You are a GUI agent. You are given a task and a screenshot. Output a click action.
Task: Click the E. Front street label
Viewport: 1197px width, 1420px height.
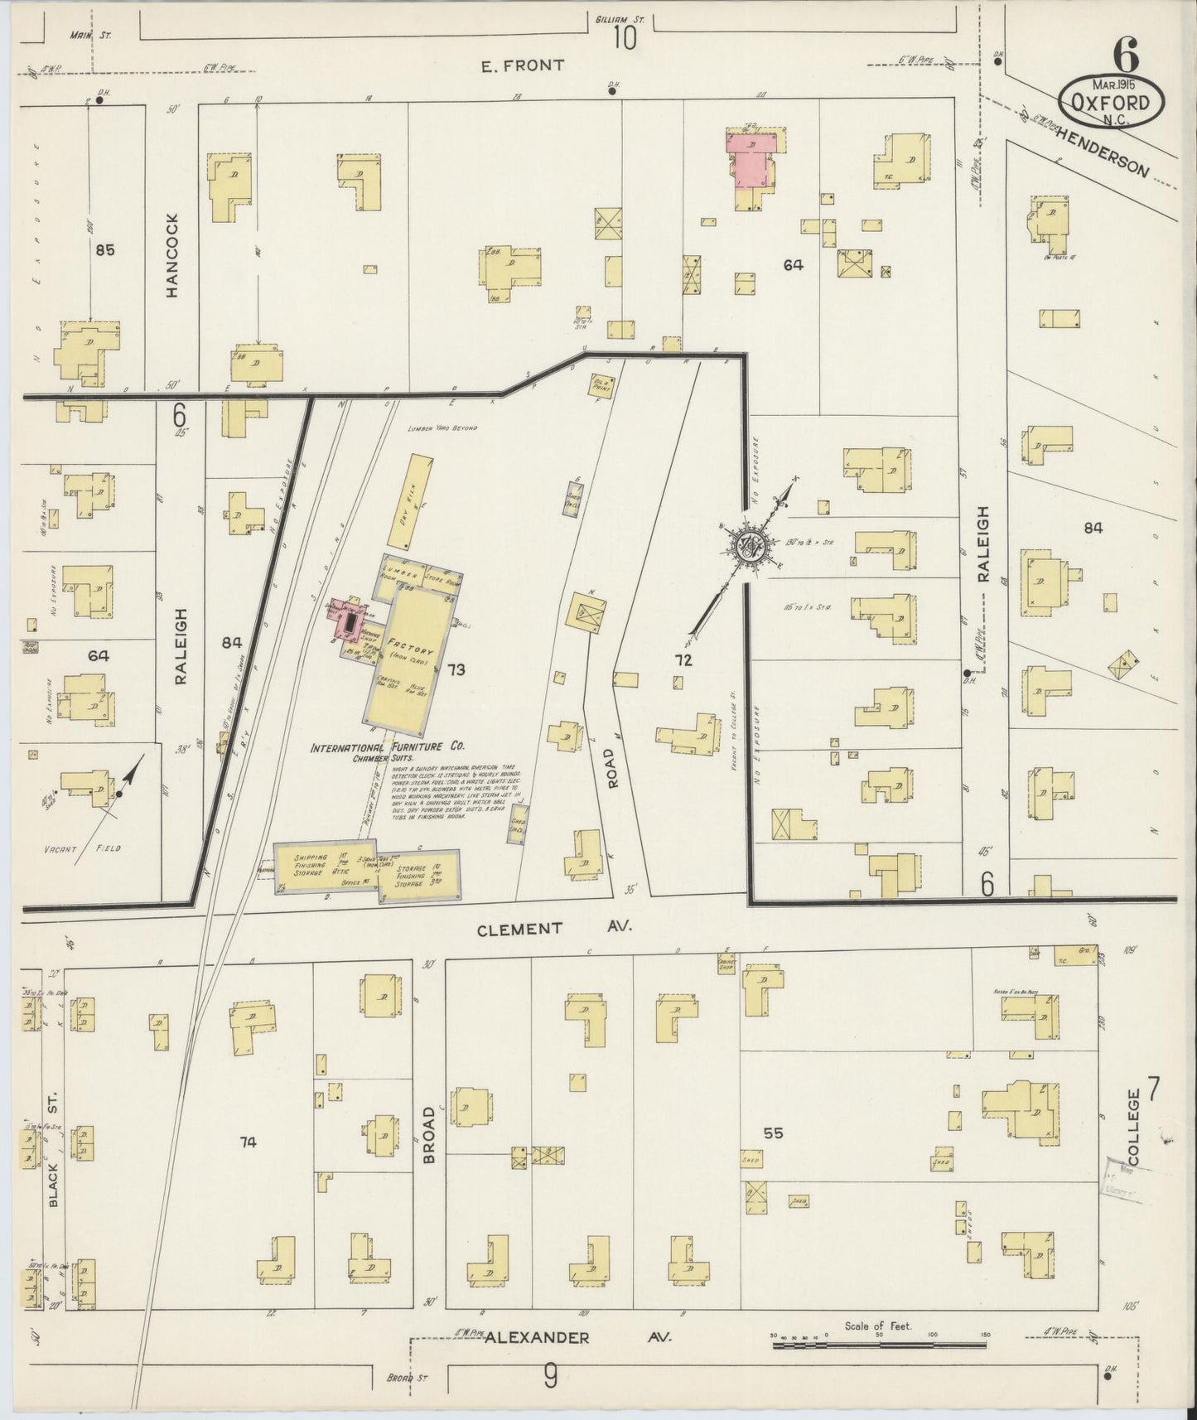click(x=524, y=65)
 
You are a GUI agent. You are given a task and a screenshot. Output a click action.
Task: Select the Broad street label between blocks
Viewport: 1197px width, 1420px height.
click(x=428, y=1134)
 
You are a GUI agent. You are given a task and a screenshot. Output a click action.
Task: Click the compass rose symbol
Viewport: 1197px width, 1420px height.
click(x=752, y=548)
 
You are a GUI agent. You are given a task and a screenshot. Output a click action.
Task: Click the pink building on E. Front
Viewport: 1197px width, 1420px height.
click(x=753, y=157)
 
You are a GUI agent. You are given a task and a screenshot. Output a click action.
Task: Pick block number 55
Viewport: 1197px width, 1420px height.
click(x=773, y=1133)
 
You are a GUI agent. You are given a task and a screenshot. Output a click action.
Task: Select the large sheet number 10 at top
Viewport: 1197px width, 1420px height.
click(x=625, y=38)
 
